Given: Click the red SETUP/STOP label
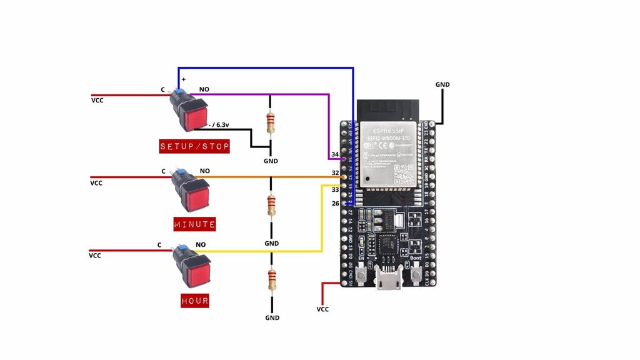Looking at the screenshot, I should point(195,147).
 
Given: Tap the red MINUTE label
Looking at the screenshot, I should point(195,224).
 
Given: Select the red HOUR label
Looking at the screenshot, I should point(195,301).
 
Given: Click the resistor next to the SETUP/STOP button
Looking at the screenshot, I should point(271,123).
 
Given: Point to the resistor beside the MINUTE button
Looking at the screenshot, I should point(271,204).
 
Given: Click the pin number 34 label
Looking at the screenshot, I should point(335,154).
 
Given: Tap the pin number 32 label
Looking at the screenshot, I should point(335,172).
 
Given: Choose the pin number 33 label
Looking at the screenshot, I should point(335,189).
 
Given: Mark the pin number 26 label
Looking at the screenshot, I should point(335,204).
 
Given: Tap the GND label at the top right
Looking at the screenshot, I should point(442,84).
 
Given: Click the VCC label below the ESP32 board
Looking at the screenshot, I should point(322,309).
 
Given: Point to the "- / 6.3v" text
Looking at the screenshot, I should point(219,124).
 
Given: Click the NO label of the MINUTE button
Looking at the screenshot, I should point(204,171).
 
